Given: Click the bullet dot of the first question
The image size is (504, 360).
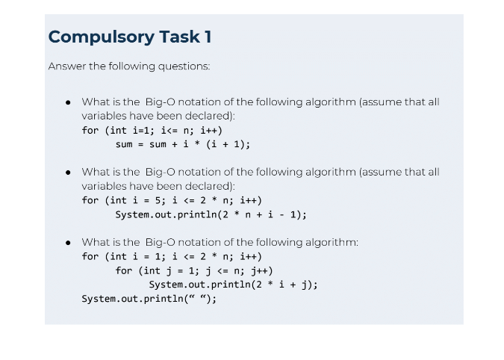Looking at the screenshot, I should (68, 102).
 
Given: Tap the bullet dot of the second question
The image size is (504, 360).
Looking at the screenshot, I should (68, 173).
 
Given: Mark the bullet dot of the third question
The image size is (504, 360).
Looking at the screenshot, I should (68, 243).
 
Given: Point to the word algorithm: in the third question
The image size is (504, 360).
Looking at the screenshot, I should (332, 242).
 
